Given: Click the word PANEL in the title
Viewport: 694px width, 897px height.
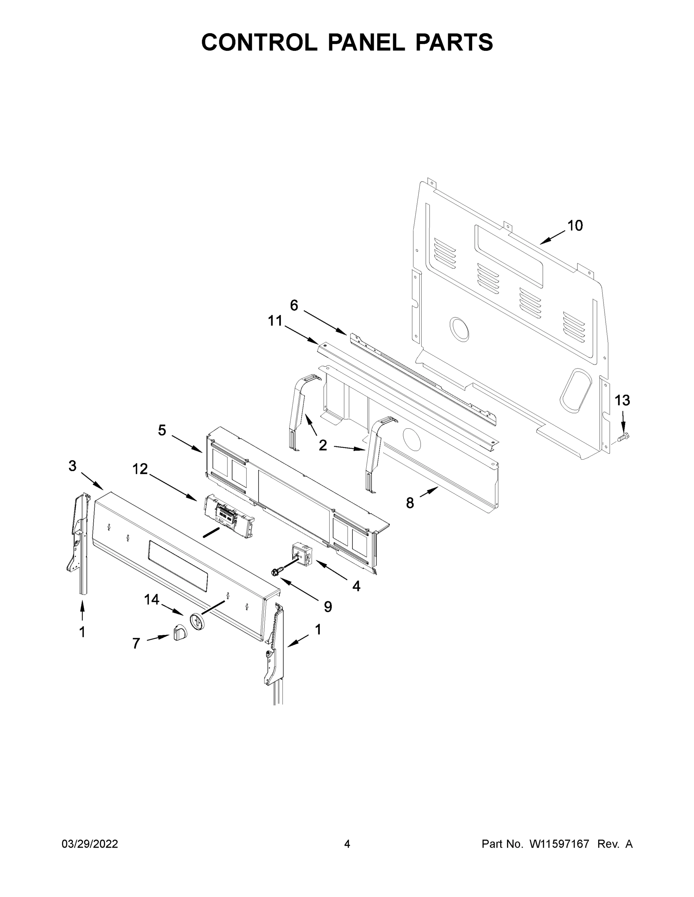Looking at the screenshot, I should tap(366, 42).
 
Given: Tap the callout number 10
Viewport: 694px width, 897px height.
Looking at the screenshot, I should tap(575, 225).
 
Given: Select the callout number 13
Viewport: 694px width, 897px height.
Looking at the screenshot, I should tap(622, 400).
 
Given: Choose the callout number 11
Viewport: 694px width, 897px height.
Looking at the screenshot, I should tap(275, 321).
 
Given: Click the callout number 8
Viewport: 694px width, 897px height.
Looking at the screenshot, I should tap(410, 503).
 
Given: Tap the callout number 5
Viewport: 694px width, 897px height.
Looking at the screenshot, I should tap(162, 431).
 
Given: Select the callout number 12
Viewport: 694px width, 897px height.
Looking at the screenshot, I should tap(140, 469).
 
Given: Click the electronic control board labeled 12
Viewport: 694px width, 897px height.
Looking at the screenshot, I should tap(229, 515).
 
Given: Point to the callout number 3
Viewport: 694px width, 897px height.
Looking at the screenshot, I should tap(72, 466).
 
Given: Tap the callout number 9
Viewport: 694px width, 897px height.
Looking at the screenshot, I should tap(328, 607).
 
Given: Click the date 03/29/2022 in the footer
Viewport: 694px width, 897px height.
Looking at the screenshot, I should tap(90, 844).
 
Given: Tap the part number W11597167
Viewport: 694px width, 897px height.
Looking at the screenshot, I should tap(559, 844).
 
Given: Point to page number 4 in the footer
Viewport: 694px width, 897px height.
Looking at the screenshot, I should tap(347, 844).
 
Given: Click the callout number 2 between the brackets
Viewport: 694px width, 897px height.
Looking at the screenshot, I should tap(323, 445).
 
